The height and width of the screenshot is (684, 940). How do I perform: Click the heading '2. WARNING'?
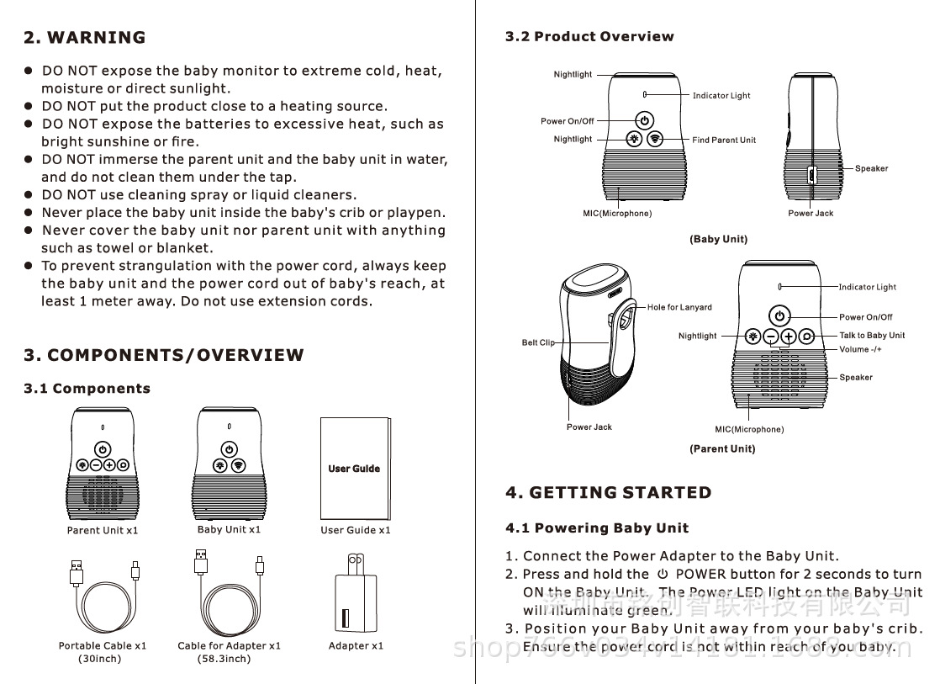[84, 38]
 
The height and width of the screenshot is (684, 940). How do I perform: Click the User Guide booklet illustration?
[355, 468]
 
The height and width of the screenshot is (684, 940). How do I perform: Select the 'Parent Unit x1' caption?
[103, 531]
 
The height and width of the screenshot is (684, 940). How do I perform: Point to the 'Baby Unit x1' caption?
[229, 530]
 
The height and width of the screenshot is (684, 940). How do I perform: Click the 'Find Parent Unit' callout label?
[724, 141]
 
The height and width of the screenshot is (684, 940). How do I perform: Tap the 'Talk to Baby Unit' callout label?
[872, 336]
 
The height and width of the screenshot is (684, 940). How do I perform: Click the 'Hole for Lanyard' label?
[679, 308]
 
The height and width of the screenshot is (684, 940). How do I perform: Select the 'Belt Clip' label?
[538, 343]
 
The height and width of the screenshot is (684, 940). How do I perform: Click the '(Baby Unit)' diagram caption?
[718, 240]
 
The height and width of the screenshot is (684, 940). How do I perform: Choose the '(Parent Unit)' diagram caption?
[722, 449]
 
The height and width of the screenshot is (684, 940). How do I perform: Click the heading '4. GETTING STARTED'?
[608, 493]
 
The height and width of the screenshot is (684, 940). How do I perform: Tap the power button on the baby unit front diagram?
[644, 120]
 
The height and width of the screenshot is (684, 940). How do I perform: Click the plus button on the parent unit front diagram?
[788, 337]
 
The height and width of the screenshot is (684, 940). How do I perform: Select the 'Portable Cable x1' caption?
[103, 646]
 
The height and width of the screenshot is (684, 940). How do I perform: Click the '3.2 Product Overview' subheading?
[589, 37]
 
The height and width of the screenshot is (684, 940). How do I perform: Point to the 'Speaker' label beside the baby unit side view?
[871, 169]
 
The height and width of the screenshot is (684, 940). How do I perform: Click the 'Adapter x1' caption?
[356, 646]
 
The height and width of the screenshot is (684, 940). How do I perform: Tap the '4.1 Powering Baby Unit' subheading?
[597, 528]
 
